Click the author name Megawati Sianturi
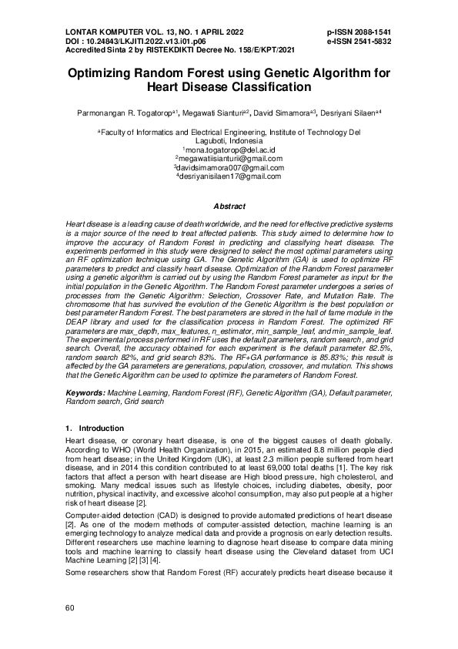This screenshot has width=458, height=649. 220,113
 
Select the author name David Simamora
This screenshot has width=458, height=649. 282,113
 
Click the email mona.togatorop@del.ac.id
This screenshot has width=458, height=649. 231,150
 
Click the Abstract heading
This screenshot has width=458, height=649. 229,207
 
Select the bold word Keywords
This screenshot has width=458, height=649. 84,393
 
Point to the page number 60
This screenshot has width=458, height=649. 70,609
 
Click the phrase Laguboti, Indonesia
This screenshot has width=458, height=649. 229,141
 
